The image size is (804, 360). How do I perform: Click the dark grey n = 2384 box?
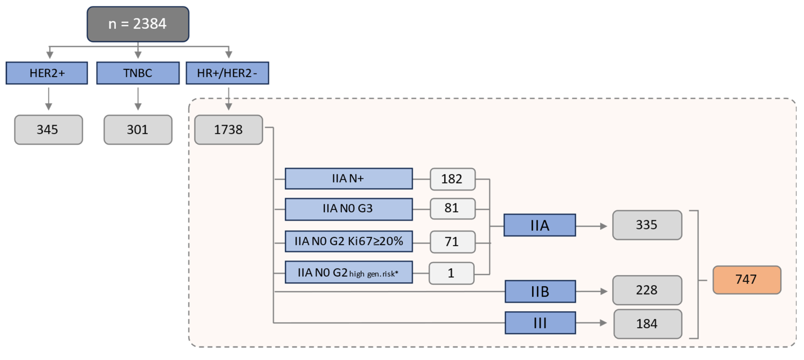pyautogui.click(x=138, y=24)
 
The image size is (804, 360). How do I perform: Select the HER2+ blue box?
pyautogui.click(x=47, y=73)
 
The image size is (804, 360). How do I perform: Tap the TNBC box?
pyautogui.click(x=138, y=73)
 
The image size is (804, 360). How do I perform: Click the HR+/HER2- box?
pyautogui.click(x=227, y=73)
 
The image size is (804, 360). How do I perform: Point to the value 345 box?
pyautogui.click(x=48, y=130)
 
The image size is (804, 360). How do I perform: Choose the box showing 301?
pyautogui.click(x=138, y=130)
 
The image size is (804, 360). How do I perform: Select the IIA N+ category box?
pyautogui.click(x=348, y=179)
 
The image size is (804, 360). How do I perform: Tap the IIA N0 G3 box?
pyautogui.click(x=348, y=209)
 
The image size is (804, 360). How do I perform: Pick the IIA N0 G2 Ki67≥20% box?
pyautogui.click(x=348, y=241)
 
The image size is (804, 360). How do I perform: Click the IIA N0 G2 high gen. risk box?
pyautogui.click(x=348, y=273)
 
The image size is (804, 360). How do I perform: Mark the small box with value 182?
pyautogui.click(x=452, y=179)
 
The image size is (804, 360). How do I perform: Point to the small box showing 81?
pyautogui.click(x=452, y=208)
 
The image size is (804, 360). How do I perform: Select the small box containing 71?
pyautogui.click(x=452, y=242)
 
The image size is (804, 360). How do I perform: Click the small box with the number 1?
pyautogui.click(x=451, y=273)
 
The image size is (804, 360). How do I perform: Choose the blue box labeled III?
pyautogui.click(x=540, y=323)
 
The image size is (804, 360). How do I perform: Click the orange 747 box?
pyautogui.click(x=747, y=280)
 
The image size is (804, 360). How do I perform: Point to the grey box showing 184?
pyautogui.click(x=647, y=324)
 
